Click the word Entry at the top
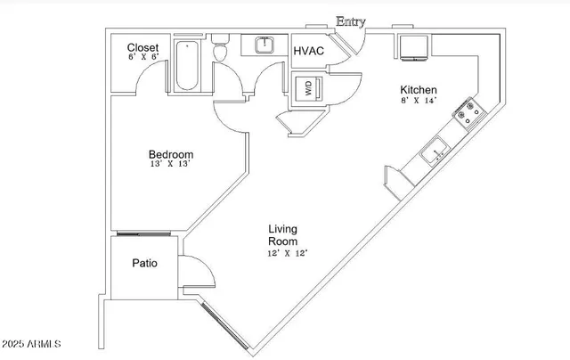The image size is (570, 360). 350,21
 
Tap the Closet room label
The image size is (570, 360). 142,47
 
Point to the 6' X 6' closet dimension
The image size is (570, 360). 142,58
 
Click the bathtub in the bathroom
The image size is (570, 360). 188,66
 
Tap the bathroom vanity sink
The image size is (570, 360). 263,45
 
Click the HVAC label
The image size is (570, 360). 308,51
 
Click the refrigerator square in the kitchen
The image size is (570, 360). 414,48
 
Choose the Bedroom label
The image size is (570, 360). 171,154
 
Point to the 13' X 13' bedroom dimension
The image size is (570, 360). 171,165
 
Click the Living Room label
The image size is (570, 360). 283,235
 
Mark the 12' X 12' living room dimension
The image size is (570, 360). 287,253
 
